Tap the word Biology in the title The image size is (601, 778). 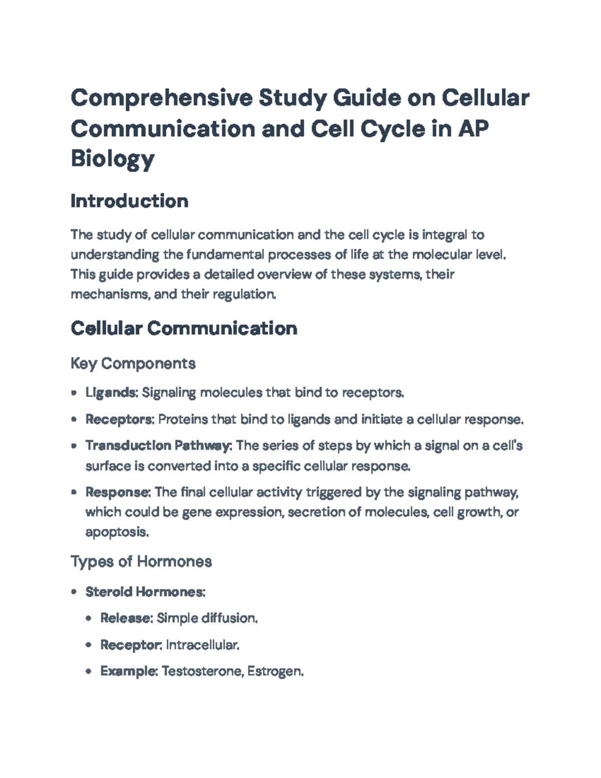pyautogui.click(x=112, y=159)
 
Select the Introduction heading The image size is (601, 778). pyautogui.click(x=129, y=201)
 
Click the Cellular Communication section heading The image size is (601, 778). pyautogui.click(x=184, y=328)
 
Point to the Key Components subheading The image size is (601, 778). pyautogui.click(x=133, y=363)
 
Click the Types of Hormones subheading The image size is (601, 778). pyautogui.click(x=141, y=561)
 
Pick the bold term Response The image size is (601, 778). pyautogui.click(x=117, y=492)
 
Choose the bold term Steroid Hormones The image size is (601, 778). pyautogui.click(x=145, y=592)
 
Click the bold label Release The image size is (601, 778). pyautogui.click(x=125, y=618)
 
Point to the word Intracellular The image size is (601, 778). pyautogui.click(x=202, y=645)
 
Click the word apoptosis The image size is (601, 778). pyautogui.click(x=117, y=532)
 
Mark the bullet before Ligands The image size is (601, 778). pyautogui.click(x=74, y=393)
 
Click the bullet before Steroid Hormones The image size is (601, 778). pyautogui.click(x=74, y=592)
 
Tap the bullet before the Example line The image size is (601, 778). pyautogui.click(x=89, y=671)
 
